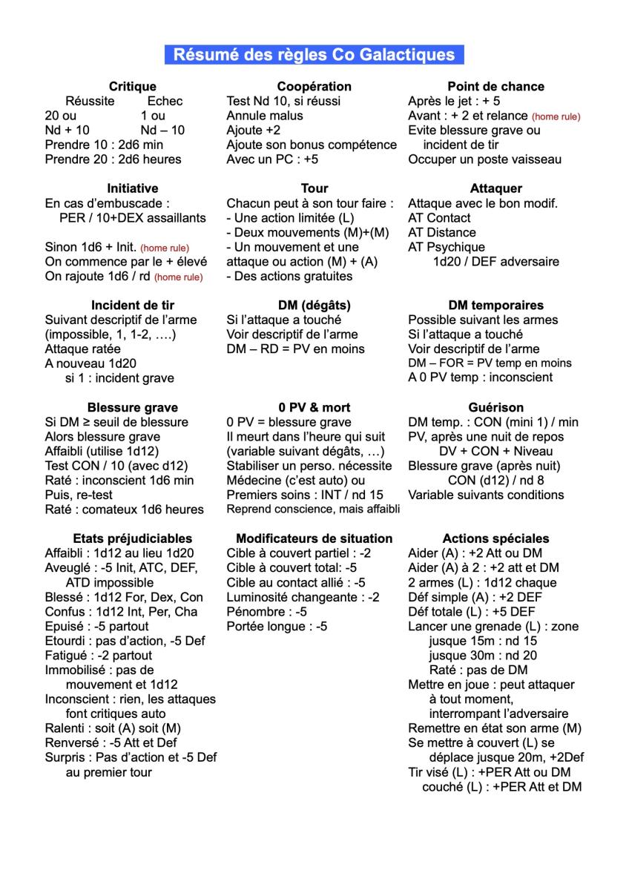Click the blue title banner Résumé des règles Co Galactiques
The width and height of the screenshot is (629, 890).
pyautogui.click(x=314, y=55)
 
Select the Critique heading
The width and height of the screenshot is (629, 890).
pyautogui.click(x=132, y=87)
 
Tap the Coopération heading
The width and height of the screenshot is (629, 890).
pyautogui.click(x=314, y=87)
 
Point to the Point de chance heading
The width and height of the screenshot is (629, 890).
pyautogui.click(x=495, y=87)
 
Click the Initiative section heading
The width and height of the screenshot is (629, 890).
pyautogui.click(x=132, y=188)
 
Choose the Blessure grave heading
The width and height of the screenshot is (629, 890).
pyautogui.click(x=132, y=407)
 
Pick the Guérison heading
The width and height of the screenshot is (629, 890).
pyautogui.click(x=495, y=407)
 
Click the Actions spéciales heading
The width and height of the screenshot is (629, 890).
pyautogui.click(x=495, y=538)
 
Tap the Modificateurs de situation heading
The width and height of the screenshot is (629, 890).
pyautogui.click(x=314, y=538)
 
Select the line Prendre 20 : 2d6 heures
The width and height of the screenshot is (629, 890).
pyautogui.click(x=113, y=159)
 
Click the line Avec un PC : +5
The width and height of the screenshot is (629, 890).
pyautogui.click(x=272, y=159)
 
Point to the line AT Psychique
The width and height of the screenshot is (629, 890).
pyautogui.click(x=447, y=247)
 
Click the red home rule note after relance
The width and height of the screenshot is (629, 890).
pyautogui.click(x=556, y=116)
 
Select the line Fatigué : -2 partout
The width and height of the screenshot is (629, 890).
pyautogui.click(x=98, y=656)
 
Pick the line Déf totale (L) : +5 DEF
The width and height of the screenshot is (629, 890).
pyautogui.click(x=472, y=612)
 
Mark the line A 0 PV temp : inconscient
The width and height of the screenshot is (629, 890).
pyautogui.click(x=480, y=378)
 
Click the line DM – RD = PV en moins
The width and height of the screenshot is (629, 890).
pyautogui.click(x=295, y=349)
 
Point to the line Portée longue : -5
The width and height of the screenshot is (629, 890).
pyautogui.click(x=277, y=627)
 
